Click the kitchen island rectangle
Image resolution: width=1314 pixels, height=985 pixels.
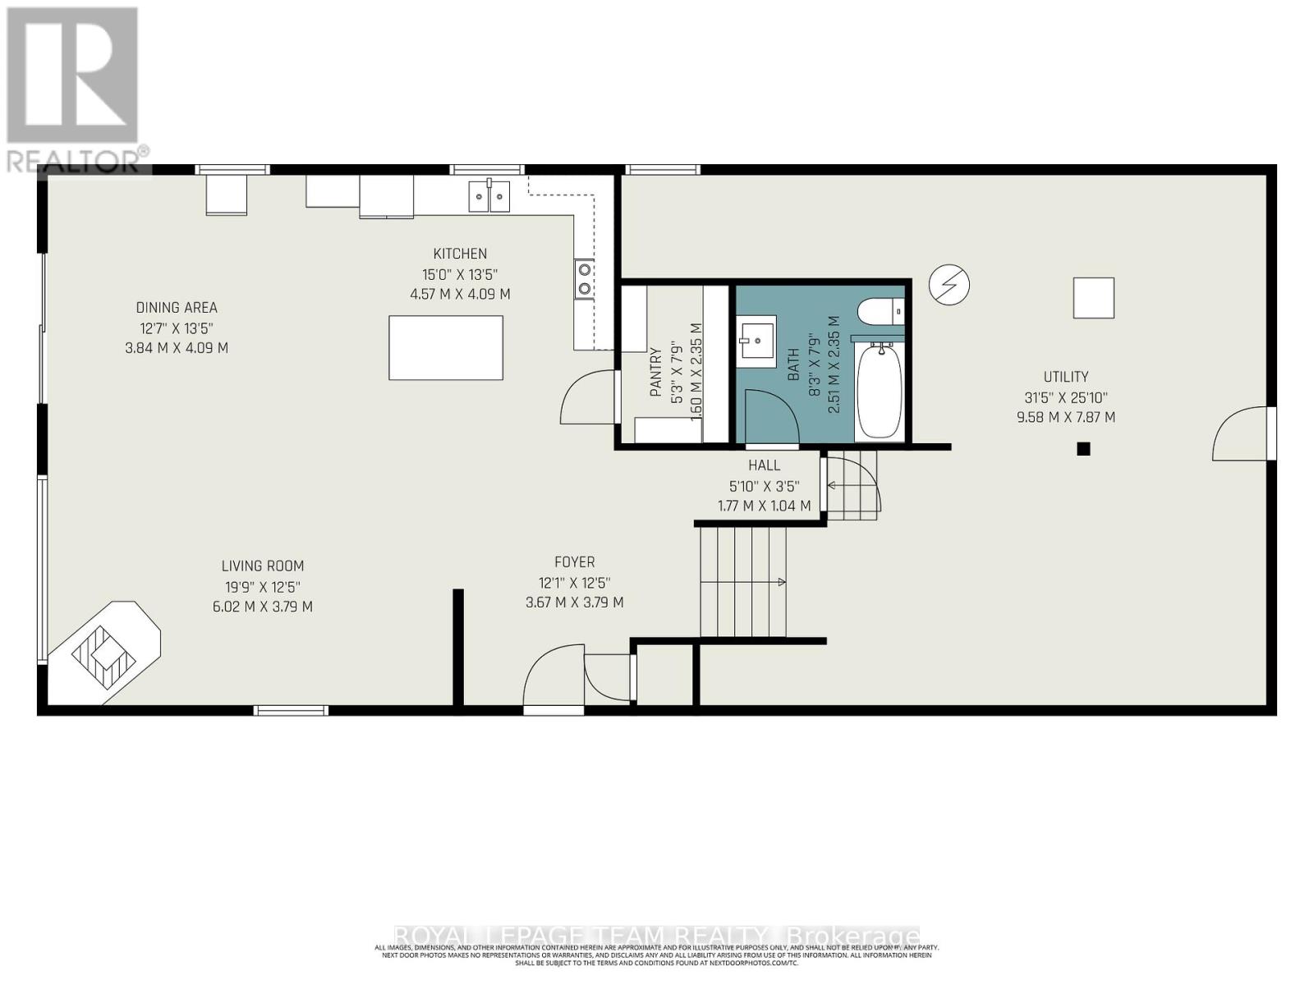click(x=445, y=347)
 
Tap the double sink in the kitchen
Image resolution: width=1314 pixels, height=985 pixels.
click(x=489, y=197)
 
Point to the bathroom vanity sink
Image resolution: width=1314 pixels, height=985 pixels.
click(x=756, y=340)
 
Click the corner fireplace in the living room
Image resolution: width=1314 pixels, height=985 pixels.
click(x=103, y=653)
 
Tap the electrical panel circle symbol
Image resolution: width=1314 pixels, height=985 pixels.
click(x=949, y=285)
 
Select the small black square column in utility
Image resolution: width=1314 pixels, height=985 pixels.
click(x=1083, y=449)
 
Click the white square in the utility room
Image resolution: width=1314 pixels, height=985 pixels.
click(x=1093, y=298)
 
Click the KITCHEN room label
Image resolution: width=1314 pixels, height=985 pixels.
click(x=460, y=254)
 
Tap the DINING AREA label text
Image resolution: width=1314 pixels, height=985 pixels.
click(x=177, y=308)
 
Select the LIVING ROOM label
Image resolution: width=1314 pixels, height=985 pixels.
click(x=262, y=566)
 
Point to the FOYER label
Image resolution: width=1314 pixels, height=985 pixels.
click(x=574, y=562)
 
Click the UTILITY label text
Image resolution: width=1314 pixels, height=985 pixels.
click(x=1065, y=377)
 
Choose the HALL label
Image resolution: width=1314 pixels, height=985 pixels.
click(x=764, y=465)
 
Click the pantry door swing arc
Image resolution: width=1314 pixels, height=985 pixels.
click(x=585, y=396)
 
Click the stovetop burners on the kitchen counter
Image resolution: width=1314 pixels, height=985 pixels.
click(x=584, y=278)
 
